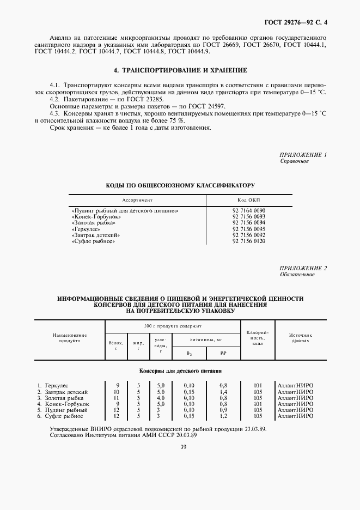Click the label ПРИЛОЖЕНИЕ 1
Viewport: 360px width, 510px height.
point(303,155)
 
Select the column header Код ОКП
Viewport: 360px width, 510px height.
point(248,200)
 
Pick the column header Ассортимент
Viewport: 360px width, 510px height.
point(137,200)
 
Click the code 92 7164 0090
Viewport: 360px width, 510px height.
point(248,210)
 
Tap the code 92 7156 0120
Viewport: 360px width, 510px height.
point(248,241)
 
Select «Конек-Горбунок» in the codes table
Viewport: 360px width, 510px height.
point(96,216)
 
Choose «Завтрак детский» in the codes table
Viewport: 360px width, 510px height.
point(96,235)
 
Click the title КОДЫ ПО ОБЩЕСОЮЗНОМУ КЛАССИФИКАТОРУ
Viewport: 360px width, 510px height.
point(180,186)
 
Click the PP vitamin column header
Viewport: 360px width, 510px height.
point(223,353)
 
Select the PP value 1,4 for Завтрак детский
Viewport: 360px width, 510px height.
point(223,392)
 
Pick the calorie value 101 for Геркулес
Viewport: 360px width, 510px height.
point(258,385)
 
